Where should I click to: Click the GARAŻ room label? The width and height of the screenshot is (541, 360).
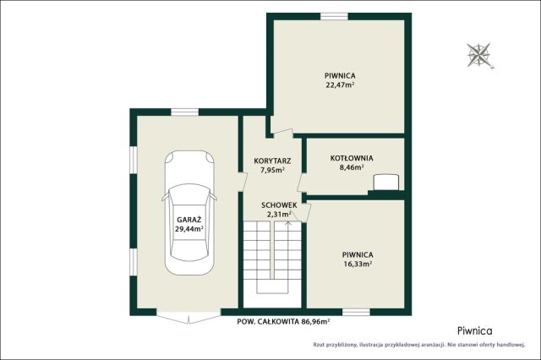[189, 220]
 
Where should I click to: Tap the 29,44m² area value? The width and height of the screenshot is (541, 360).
[189, 228]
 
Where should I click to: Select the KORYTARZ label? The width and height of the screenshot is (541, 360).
[272, 161]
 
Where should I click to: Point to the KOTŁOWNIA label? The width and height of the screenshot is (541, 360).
[352, 158]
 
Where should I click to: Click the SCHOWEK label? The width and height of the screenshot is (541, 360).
[279, 205]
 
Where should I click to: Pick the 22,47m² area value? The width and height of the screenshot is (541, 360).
[340, 85]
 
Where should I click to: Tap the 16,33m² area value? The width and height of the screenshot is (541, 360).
[358, 264]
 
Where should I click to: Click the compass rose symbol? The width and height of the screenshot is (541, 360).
[479, 55]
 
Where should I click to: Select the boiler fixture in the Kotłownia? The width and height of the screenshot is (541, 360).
[386, 182]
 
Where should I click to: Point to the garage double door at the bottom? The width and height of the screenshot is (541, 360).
[189, 317]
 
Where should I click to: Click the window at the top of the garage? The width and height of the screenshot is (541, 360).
[185, 112]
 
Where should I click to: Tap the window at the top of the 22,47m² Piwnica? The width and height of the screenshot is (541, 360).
[334, 16]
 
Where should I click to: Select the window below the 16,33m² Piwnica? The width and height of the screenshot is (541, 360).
[356, 312]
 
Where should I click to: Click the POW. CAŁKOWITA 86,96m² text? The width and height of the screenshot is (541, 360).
[283, 322]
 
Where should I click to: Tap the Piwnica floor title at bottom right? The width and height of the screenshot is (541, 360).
[475, 331]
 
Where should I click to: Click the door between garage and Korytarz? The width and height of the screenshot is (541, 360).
[243, 181]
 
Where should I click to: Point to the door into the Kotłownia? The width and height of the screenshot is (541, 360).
[301, 182]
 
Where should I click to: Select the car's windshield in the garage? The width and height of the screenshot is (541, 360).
[189, 194]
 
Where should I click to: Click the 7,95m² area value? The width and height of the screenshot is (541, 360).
[272, 170]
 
